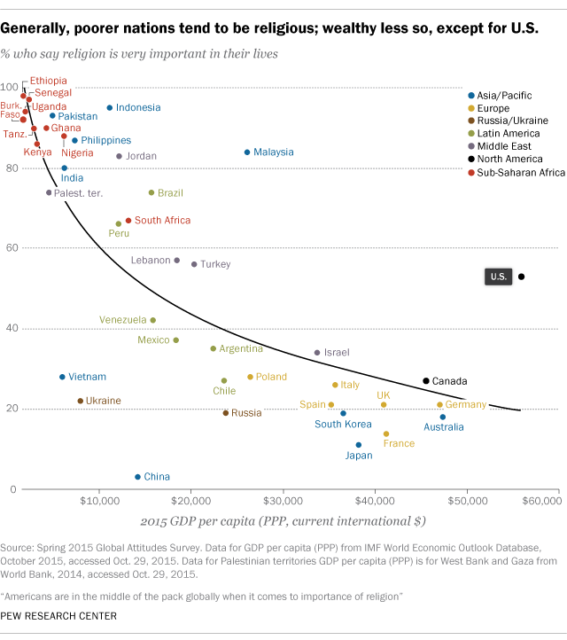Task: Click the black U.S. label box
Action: click(498, 277)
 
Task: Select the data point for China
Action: click(137, 477)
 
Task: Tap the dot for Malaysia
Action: click(246, 152)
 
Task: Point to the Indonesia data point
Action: click(110, 107)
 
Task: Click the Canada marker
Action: click(426, 380)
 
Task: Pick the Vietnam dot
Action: click(62, 377)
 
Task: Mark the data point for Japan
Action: click(359, 445)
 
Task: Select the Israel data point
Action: click(317, 352)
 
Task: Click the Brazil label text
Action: click(170, 192)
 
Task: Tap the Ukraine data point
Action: click(81, 401)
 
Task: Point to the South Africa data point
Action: click(128, 220)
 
